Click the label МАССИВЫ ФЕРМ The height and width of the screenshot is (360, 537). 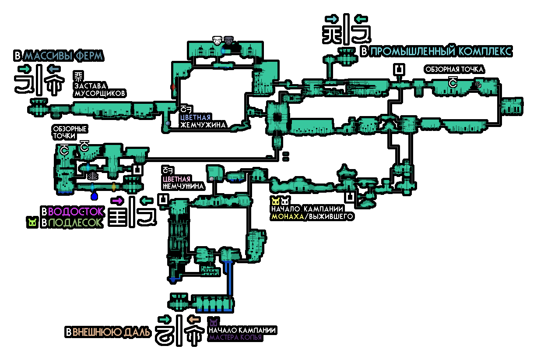click(63, 56)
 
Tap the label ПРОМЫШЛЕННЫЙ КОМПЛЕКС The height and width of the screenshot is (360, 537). click(440, 51)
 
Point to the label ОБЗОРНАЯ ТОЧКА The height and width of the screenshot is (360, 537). click(454, 70)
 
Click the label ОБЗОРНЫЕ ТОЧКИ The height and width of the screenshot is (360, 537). click(70, 132)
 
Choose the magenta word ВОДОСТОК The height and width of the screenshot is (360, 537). click(75, 211)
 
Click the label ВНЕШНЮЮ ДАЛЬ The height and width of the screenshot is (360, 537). click(111, 332)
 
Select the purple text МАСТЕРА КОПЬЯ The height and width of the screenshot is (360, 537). click(235, 337)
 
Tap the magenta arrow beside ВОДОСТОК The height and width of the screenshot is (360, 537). click(117, 201)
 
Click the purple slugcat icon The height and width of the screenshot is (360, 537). click(214, 323)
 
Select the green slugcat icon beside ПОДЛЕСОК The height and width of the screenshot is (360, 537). click(32, 222)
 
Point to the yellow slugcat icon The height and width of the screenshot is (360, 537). click(276, 201)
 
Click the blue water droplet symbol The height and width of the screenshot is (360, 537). click(94, 196)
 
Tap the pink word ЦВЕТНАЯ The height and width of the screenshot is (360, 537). click(176, 179)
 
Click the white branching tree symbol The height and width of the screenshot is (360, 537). click(93, 176)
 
